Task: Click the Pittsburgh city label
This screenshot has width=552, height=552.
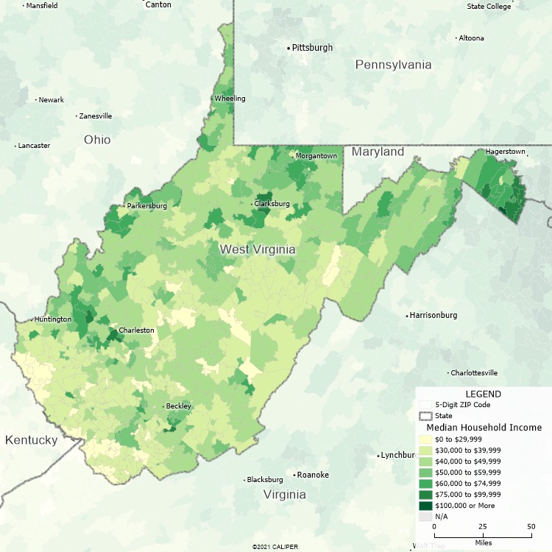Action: [312, 48]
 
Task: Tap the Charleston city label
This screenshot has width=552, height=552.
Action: [136, 330]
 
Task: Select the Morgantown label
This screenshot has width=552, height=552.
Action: [316, 156]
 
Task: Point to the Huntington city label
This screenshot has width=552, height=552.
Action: [53, 319]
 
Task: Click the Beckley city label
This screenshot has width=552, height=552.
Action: [178, 406]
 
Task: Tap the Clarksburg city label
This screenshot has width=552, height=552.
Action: [272, 204]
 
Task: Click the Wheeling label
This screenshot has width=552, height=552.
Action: [230, 99]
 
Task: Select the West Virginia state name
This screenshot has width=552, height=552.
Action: [258, 250]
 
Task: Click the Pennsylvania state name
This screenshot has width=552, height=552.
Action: [393, 65]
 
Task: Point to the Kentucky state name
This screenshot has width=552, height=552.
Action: [31, 440]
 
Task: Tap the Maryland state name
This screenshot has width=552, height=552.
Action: [378, 152]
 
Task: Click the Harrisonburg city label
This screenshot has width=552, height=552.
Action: [434, 316]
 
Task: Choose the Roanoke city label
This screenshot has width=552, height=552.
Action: [312, 475]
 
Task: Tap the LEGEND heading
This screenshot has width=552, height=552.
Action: [483, 394]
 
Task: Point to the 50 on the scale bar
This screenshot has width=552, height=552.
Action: [531, 527]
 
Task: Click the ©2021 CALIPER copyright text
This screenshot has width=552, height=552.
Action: [276, 547]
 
